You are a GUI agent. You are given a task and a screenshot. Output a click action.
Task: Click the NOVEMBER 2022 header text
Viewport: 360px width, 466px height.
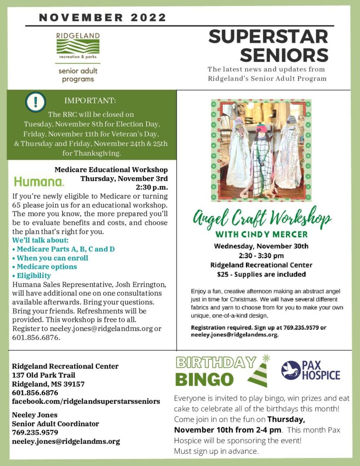pos(103,18)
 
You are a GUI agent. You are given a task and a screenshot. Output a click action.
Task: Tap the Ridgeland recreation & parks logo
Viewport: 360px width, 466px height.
pos(78,47)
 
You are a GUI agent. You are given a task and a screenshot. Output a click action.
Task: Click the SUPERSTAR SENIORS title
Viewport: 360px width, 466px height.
pos(269,46)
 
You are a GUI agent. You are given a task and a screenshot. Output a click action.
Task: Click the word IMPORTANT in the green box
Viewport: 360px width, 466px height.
pos(90,100)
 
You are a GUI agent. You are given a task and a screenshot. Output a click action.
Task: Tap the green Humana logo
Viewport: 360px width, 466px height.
pos(39,182)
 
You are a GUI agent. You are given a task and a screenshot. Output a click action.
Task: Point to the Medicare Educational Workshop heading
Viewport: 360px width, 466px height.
pos(111,169)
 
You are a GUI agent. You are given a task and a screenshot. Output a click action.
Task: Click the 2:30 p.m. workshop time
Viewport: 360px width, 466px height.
pos(152,187)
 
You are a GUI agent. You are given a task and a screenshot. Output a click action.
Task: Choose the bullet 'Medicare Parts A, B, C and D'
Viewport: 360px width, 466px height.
pos(63,249)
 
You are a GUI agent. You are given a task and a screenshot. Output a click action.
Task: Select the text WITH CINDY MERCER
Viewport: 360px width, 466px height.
pos(261,235)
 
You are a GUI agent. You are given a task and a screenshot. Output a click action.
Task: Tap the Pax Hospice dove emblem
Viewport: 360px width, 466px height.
pos(291,370)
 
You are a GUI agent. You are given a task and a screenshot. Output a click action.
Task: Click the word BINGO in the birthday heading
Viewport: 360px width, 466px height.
pos(204,379)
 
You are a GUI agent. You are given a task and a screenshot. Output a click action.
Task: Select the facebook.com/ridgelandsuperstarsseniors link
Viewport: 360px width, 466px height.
pos(86,401)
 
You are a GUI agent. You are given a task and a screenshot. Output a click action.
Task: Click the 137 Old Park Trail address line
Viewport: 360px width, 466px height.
pos(44,375)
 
